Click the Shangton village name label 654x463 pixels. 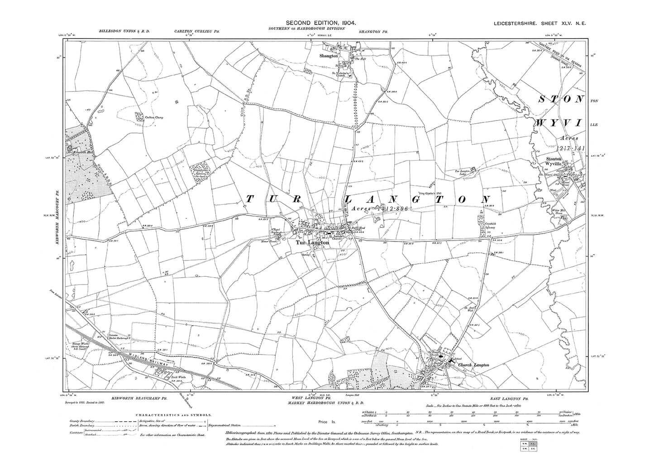[316, 56]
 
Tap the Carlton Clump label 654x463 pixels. [153, 117]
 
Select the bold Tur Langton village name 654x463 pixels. [312, 243]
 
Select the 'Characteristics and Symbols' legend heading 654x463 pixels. [170, 414]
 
